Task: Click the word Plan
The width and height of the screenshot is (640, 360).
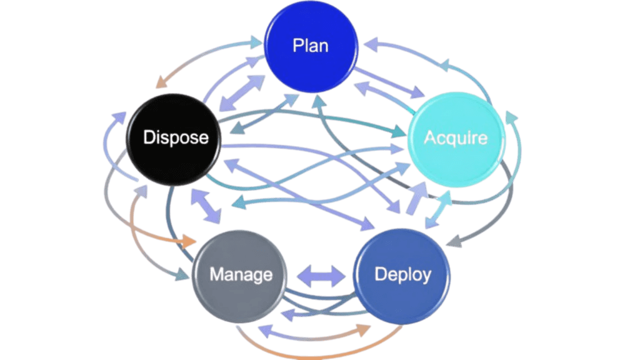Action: tap(311, 46)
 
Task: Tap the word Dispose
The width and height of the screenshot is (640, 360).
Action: tap(176, 137)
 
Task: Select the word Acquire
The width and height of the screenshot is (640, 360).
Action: tap(456, 137)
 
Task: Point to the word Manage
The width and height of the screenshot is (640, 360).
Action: tap(241, 274)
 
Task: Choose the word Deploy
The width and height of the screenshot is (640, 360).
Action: tap(403, 274)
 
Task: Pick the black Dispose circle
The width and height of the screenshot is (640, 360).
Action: tap(172, 156)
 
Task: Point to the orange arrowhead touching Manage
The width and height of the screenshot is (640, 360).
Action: tap(191, 241)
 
